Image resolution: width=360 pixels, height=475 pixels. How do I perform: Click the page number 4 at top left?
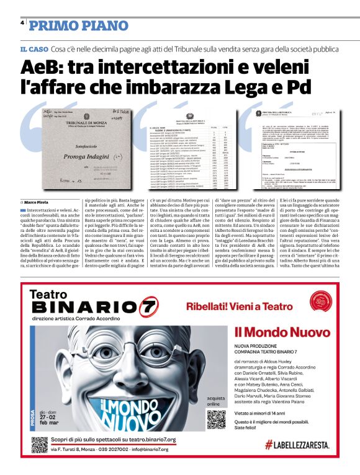point(22,23)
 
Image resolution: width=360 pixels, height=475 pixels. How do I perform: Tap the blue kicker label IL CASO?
point(34,49)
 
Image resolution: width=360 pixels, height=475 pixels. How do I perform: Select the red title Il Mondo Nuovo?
point(274,332)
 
